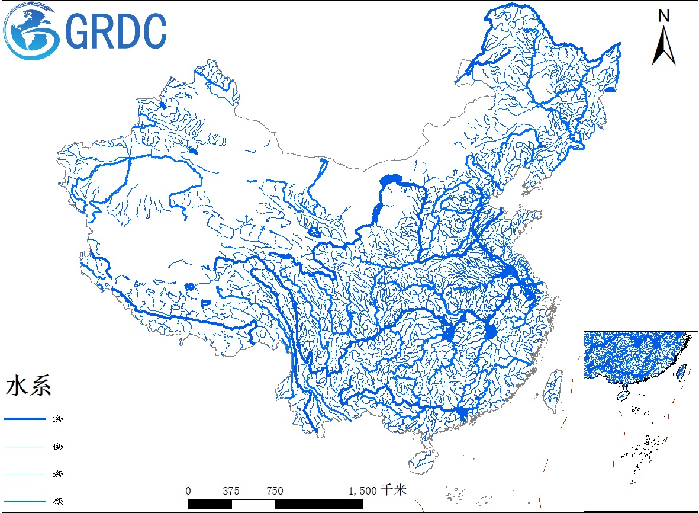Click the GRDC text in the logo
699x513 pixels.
[x=116, y=31]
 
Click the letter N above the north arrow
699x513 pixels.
[x=664, y=16]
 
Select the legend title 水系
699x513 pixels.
[x=28, y=386]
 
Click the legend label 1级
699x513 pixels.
[x=57, y=419]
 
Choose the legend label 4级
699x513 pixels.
[x=57, y=447]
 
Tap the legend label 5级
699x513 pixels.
[x=57, y=474]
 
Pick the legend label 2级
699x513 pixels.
[x=57, y=501]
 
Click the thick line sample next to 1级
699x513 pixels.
[x=25, y=419]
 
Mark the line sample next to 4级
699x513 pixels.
[x=25, y=447]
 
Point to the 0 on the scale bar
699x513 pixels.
[x=188, y=490]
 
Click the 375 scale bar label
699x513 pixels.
[x=231, y=490]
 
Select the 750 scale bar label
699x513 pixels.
[x=275, y=490]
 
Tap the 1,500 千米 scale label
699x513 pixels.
[x=376, y=490]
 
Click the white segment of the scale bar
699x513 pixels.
[x=253, y=504]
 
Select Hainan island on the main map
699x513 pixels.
[x=423, y=459]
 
